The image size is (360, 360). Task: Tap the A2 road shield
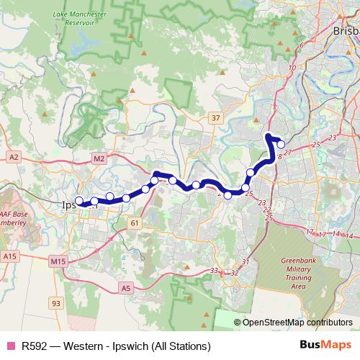point(14,156)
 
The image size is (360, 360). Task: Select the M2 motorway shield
point(99,158)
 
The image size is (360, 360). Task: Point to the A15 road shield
point(9,256)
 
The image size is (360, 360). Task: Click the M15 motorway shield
point(58,259)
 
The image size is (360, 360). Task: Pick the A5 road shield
point(126,288)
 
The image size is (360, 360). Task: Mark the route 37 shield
point(215,117)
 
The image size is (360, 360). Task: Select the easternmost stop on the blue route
point(281,144)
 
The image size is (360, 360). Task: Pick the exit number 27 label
point(287,152)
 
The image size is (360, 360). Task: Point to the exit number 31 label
point(245,261)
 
